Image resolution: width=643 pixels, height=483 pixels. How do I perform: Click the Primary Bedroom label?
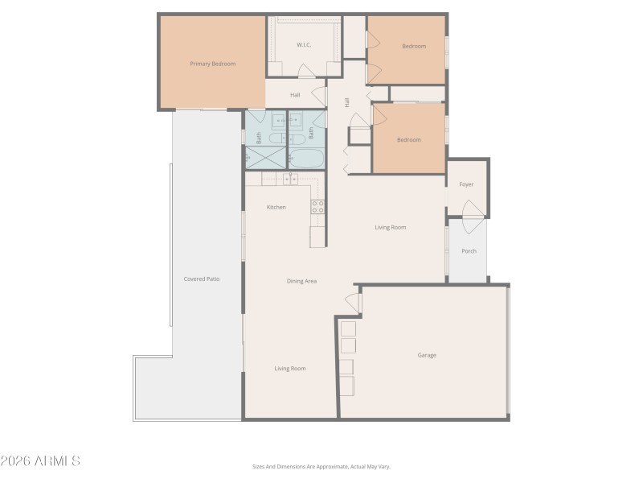point(212,64)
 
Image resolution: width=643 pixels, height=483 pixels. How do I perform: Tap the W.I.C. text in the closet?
point(304,45)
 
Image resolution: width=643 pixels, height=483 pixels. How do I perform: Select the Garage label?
point(427,355)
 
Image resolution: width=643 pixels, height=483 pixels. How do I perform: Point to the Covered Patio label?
point(202,279)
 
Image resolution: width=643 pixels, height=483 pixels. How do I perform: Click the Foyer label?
point(466,184)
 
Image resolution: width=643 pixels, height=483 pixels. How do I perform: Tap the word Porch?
point(469,251)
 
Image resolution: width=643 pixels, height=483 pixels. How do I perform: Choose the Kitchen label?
point(276,208)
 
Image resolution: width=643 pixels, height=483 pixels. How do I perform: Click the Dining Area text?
point(301,281)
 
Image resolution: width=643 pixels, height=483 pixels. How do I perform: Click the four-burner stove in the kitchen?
point(317,206)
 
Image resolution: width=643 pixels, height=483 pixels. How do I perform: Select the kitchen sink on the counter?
point(291,180)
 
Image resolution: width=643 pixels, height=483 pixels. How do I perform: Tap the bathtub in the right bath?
point(305,159)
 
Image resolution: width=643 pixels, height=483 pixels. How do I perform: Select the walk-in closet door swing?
point(306,71)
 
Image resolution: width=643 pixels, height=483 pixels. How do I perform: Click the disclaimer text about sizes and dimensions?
point(321,466)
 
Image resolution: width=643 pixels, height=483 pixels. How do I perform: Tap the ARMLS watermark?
point(40,461)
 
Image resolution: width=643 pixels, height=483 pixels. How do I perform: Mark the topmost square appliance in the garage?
point(348,328)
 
